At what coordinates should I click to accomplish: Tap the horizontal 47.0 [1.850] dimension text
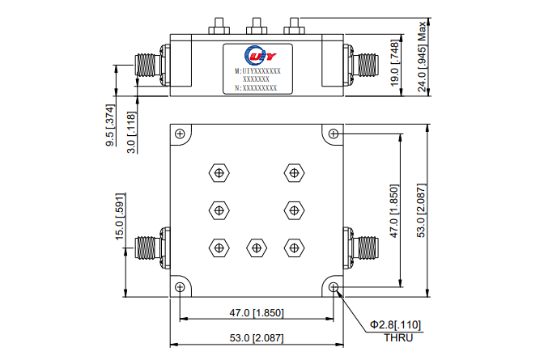click(x=256, y=312)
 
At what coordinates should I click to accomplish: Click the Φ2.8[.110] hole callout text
click(x=396, y=324)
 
